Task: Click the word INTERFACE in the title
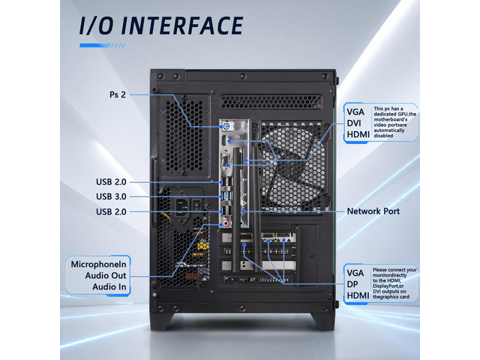(182, 25)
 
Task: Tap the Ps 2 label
(118, 94)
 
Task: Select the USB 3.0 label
(111, 196)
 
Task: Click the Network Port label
(373, 211)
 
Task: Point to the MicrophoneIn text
(98, 264)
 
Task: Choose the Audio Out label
(106, 275)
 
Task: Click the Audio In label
(109, 286)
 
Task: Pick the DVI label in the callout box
(354, 123)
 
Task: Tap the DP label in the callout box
(352, 284)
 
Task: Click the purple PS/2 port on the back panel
(226, 126)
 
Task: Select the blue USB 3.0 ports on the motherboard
(226, 196)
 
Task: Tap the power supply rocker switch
(196, 205)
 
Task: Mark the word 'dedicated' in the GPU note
(385, 114)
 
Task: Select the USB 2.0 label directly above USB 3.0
(111, 181)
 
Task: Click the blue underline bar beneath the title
(102, 45)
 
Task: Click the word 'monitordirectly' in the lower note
(390, 275)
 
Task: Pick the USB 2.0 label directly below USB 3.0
(111, 211)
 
